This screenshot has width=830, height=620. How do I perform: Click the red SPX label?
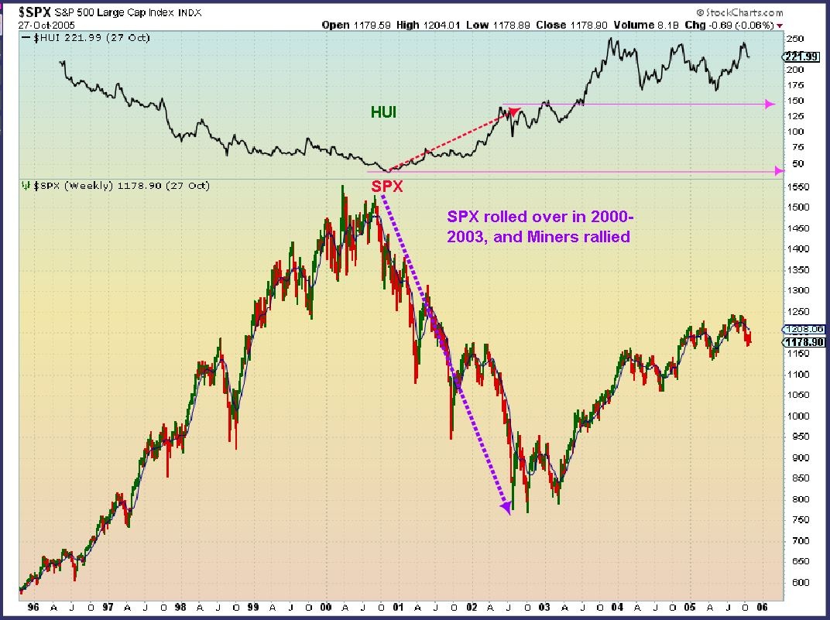[x=387, y=187]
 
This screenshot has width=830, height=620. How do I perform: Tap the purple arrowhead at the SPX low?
[x=507, y=507]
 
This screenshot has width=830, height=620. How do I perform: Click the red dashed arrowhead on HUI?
[x=514, y=111]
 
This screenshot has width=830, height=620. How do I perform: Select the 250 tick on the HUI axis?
[x=795, y=39]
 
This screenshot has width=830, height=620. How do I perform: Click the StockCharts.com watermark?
[x=739, y=12]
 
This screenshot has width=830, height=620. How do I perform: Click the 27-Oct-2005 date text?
[x=33, y=24]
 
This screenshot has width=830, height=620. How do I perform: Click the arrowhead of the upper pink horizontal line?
[x=770, y=104]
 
